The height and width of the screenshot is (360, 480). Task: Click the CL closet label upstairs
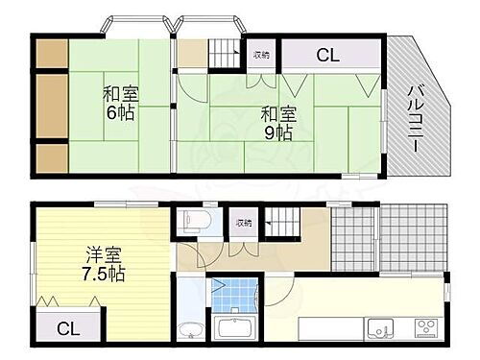point(327,55)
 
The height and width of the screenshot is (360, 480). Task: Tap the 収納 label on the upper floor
point(261,55)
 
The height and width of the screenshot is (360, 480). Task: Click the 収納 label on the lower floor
point(244,223)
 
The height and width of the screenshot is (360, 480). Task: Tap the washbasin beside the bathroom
point(191,329)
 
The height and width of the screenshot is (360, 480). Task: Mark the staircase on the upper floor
point(225,52)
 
